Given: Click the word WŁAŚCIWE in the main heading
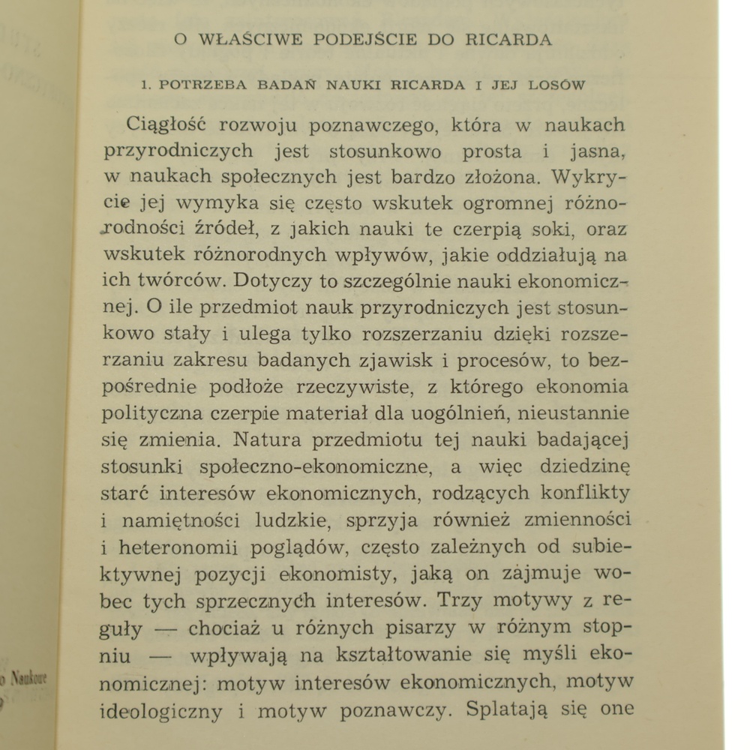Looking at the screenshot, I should pos(245,40).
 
